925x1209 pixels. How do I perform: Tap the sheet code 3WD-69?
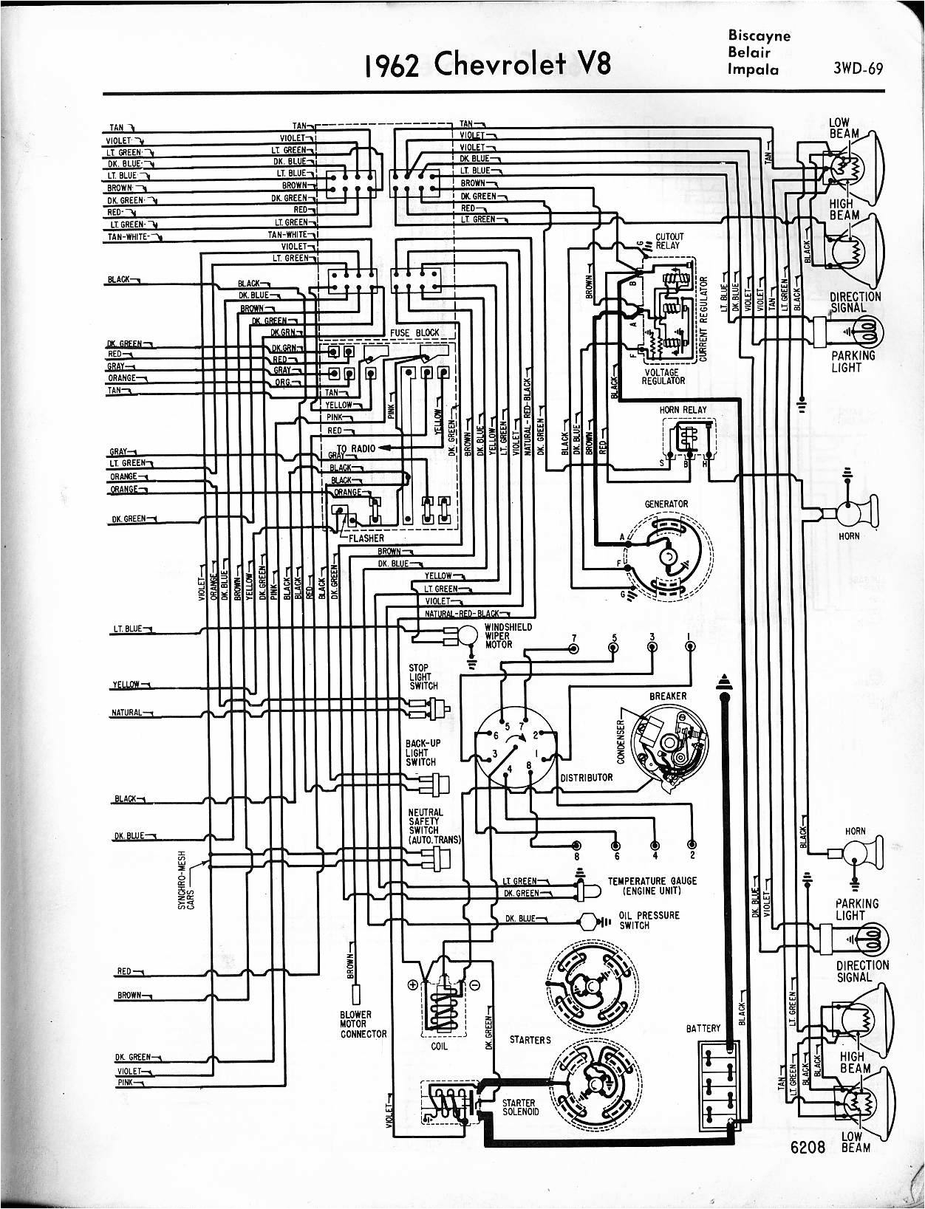click(858, 71)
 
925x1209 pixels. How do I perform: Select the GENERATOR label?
click(666, 504)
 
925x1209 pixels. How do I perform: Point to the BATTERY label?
click(702, 1028)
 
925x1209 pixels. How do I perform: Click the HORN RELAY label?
click(683, 410)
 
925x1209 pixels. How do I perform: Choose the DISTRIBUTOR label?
click(587, 778)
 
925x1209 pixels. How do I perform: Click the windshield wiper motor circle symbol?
click(466, 634)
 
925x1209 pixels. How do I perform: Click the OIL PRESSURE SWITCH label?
click(645, 920)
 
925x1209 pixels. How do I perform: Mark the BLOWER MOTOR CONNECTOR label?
click(363, 1024)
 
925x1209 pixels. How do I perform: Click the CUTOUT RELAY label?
click(669, 242)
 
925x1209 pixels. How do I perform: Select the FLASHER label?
click(366, 538)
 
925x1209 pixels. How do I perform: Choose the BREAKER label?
click(668, 696)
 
